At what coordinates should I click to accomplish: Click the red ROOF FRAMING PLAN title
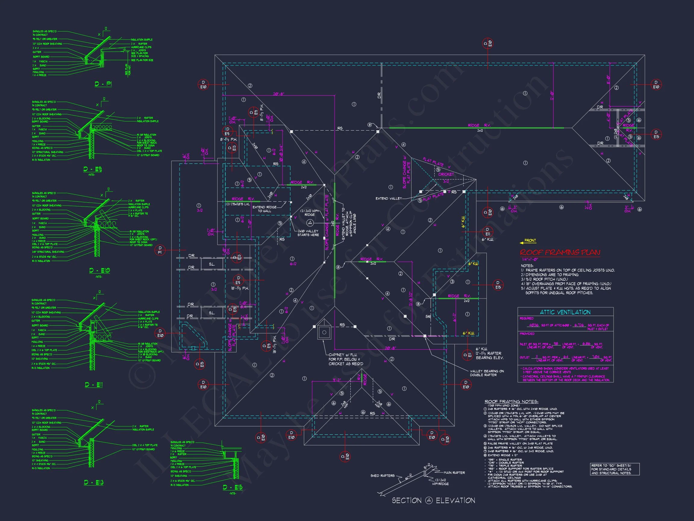tap(560, 252)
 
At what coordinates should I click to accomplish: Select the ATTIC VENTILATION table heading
tap(565, 312)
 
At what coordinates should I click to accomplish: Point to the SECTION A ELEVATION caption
tap(433, 500)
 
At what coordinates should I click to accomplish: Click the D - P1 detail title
tap(103, 84)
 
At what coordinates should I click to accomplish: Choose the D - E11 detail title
tap(93, 385)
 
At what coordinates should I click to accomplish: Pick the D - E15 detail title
tap(233, 488)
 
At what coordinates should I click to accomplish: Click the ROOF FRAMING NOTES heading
tap(511, 402)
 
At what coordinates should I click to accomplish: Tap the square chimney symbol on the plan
tap(324, 332)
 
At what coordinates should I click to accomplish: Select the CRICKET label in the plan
tap(446, 174)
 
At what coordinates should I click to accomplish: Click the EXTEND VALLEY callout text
tap(388, 198)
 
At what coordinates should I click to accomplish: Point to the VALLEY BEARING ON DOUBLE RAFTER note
tap(487, 373)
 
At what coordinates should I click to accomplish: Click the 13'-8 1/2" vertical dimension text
tap(410, 300)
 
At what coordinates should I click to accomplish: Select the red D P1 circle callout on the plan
tap(160, 250)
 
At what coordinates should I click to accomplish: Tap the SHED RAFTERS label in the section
tap(383, 476)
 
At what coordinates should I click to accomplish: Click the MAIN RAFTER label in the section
tap(454, 473)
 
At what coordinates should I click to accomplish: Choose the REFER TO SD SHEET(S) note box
tap(614, 469)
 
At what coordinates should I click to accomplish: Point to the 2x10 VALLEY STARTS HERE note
tap(308, 233)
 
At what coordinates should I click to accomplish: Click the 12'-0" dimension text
tap(551, 96)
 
